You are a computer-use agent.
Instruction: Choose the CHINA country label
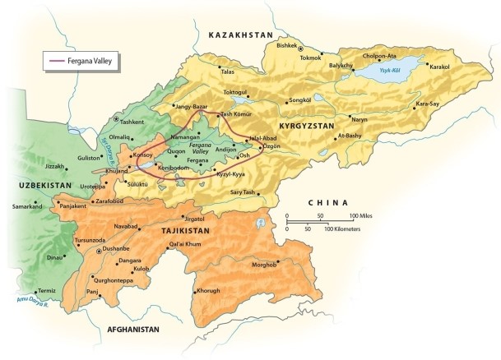click(327, 202)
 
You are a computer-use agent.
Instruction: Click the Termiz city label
click(47, 291)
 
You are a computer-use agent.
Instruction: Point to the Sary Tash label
click(244, 192)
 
